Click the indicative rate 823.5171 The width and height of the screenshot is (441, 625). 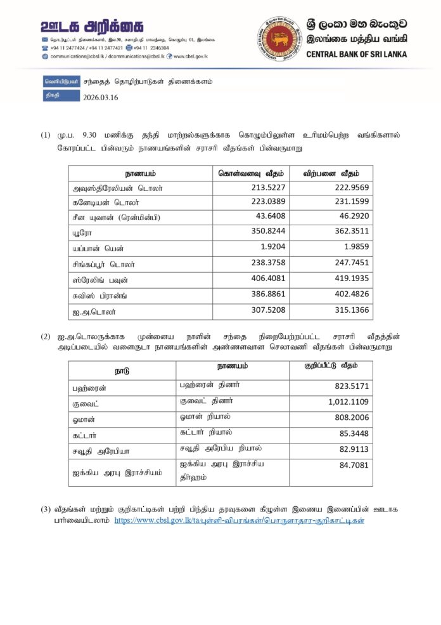(x=352, y=386)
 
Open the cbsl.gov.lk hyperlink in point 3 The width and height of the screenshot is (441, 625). (x=239, y=520)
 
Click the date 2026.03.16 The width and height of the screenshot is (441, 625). (x=101, y=98)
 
